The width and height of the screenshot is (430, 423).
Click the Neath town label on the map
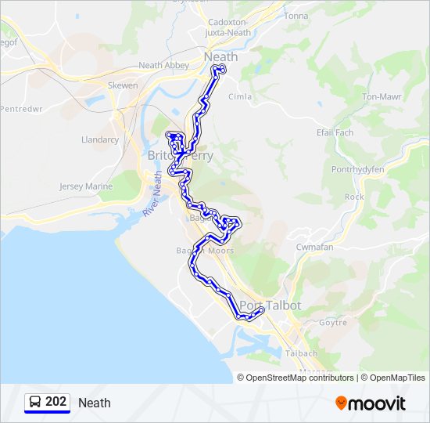(220, 57)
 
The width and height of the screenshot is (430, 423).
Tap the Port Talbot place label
(270, 305)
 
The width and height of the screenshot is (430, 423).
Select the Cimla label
(239, 97)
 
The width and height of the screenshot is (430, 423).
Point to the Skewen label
(123, 85)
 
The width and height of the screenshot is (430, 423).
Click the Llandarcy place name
(100, 139)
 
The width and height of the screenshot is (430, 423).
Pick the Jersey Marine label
(87, 186)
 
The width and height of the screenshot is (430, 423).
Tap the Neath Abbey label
(163, 66)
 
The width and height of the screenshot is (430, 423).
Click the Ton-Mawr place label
(381, 97)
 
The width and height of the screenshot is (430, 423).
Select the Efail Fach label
(335, 132)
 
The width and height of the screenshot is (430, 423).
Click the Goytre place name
(333, 322)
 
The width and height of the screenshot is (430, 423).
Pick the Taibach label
(302, 353)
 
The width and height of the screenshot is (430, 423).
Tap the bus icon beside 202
(35, 402)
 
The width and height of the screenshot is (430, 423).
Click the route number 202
(56, 402)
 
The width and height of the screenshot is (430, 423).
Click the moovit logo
(371, 403)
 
